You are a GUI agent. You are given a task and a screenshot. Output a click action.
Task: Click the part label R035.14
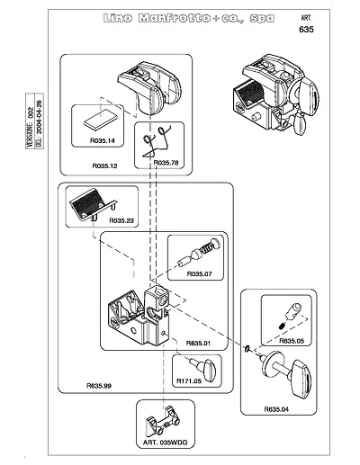[x=103, y=140]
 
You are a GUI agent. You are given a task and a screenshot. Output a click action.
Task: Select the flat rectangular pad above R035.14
[x=100, y=119]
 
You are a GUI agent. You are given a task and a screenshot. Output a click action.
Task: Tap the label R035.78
[x=166, y=163]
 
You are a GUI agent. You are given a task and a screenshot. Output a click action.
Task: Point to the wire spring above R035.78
[x=157, y=140]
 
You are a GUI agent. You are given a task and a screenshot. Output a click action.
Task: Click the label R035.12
[x=104, y=165]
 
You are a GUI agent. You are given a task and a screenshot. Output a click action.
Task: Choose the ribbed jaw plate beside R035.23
[x=93, y=205]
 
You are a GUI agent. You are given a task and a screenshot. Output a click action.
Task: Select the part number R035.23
[x=121, y=220]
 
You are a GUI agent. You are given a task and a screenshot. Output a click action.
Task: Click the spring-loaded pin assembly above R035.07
[x=199, y=253]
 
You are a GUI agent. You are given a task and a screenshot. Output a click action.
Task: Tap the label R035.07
[x=199, y=273]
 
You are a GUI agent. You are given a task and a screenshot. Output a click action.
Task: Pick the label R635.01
[x=198, y=343]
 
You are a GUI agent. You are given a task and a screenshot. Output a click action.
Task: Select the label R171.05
[x=189, y=381]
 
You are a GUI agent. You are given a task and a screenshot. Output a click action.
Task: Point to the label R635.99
[x=99, y=386]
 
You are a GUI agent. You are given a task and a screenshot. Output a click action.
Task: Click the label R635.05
[x=292, y=341]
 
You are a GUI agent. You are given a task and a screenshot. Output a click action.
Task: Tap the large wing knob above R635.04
[x=286, y=373]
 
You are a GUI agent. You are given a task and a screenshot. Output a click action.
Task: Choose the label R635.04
[x=276, y=409]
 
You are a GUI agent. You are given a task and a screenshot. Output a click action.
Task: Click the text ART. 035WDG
[x=165, y=443]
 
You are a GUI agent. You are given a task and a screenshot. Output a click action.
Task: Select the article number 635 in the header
[x=306, y=30]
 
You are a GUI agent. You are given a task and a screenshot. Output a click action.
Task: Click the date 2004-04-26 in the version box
[x=40, y=121]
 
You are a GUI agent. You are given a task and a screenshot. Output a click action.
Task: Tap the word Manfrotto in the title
[x=175, y=18]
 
